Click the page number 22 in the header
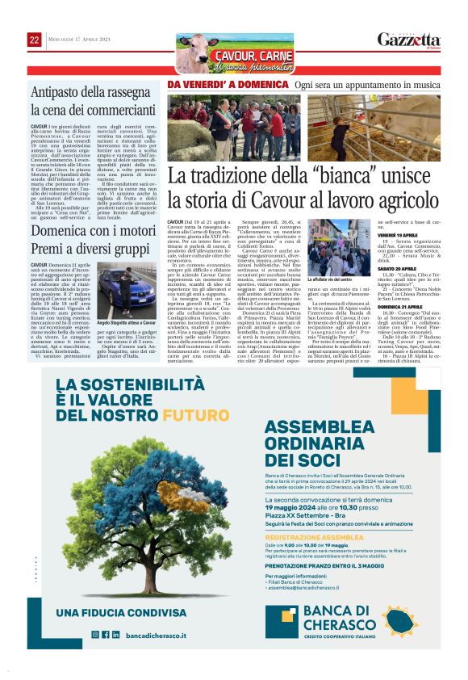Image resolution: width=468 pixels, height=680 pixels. click(34, 40)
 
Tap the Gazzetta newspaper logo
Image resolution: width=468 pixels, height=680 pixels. click(408, 40)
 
